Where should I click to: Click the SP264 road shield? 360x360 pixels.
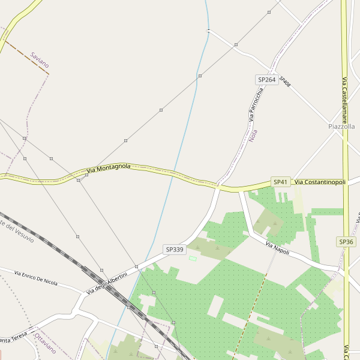click(266, 80)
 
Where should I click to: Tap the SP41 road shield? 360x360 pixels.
click(281, 181)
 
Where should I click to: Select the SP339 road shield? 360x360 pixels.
click(174, 248)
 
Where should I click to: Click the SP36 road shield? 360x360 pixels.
click(346, 242)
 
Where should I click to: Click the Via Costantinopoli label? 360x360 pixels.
click(320, 182)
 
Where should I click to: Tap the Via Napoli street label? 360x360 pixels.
click(277, 248)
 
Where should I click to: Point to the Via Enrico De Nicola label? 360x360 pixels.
click(35, 278)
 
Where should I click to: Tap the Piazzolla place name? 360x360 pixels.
click(342, 127)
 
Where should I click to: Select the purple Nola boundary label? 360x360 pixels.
click(253, 136)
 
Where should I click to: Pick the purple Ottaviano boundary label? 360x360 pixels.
click(46, 343)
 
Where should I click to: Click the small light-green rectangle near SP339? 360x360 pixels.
click(193, 259)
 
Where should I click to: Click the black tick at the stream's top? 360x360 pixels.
click(208, 30)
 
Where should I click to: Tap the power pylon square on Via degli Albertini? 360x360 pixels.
click(137, 266)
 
